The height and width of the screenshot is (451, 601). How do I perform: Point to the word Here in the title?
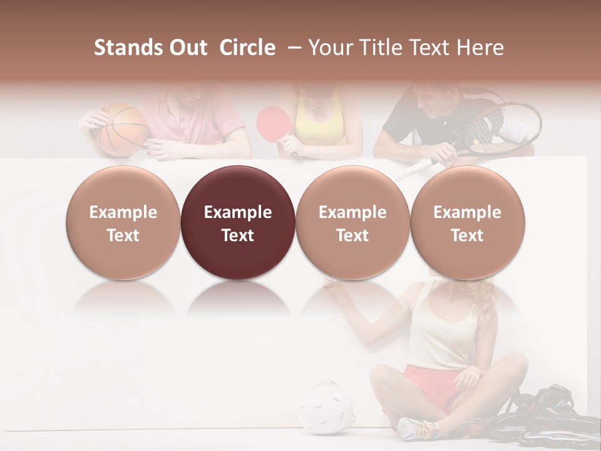click(x=481, y=48)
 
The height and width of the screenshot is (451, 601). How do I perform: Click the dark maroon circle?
click(x=238, y=223)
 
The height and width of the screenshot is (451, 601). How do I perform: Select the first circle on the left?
click(x=123, y=223)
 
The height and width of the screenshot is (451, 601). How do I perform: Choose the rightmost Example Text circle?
click(x=467, y=223)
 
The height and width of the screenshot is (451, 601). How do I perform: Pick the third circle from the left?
click(x=352, y=223)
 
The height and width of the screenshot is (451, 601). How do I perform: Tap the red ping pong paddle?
click(x=270, y=122)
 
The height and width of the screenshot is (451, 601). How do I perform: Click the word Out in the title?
click(x=186, y=48)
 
